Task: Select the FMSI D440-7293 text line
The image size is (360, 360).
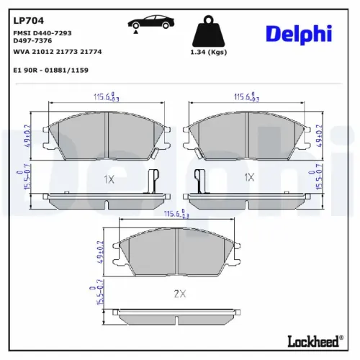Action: pos(42,33)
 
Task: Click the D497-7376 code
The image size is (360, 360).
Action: pos(33,41)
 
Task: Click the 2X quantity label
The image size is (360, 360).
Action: pos(179,294)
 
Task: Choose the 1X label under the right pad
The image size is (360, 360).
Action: pos(249,177)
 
